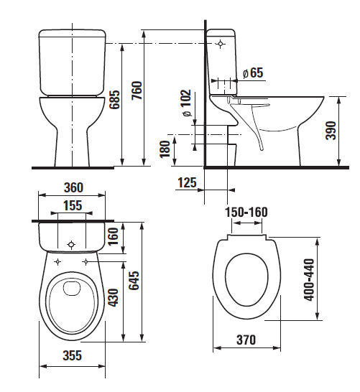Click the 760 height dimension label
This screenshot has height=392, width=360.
click(x=137, y=90)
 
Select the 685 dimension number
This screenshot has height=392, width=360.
click(x=115, y=100)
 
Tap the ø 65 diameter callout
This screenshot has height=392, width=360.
click(x=253, y=73)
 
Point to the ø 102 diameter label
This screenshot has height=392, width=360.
click(x=187, y=103)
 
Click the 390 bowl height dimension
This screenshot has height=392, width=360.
click(x=331, y=130)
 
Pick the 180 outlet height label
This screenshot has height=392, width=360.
click(x=165, y=149)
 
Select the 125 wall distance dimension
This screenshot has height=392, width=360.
click(x=187, y=182)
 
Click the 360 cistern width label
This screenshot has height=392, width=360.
click(x=73, y=187)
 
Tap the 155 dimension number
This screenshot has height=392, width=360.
click(x=73, y=205)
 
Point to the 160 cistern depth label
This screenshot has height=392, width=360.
click(x=113, y=236)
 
